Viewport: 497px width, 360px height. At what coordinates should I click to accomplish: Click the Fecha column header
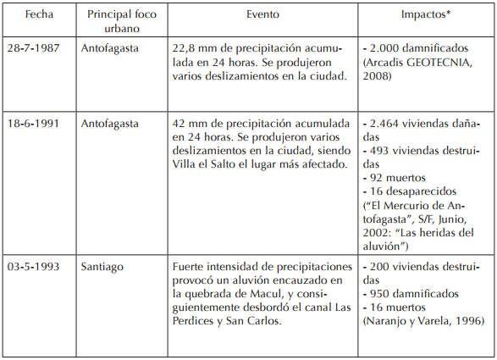pos(39,15)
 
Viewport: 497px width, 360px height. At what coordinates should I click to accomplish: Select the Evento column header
pos(263,15)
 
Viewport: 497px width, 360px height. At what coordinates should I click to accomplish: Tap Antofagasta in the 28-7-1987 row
pos(117,48)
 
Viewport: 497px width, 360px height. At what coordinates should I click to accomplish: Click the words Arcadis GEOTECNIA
pos(415,63)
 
